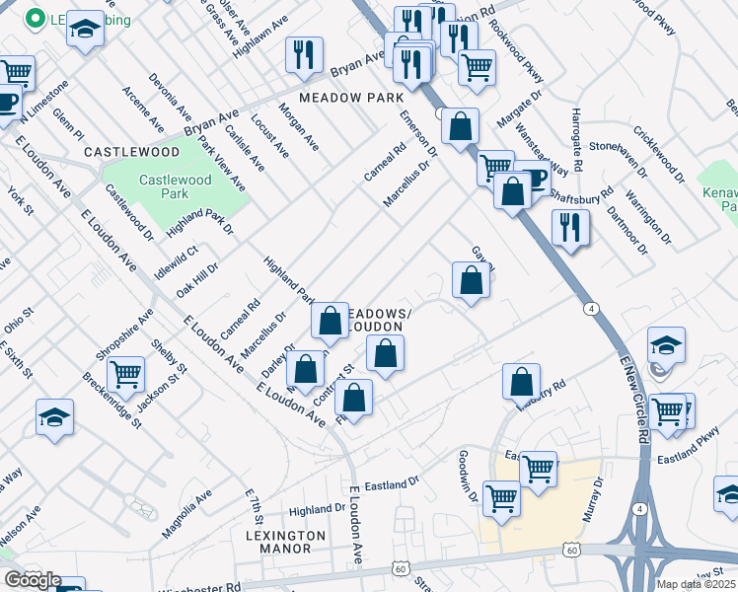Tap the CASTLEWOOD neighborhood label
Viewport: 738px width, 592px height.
click(x=131, y=152)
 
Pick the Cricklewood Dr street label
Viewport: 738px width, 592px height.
click(x=659, y=154)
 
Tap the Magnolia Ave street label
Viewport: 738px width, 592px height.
click(x=186, y=513)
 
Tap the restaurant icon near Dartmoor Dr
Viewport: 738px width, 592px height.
click(x=570, y=226)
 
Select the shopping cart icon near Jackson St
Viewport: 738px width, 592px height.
click(x=126, y=375)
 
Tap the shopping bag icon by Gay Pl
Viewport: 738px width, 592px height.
click(x=472, y=280)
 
